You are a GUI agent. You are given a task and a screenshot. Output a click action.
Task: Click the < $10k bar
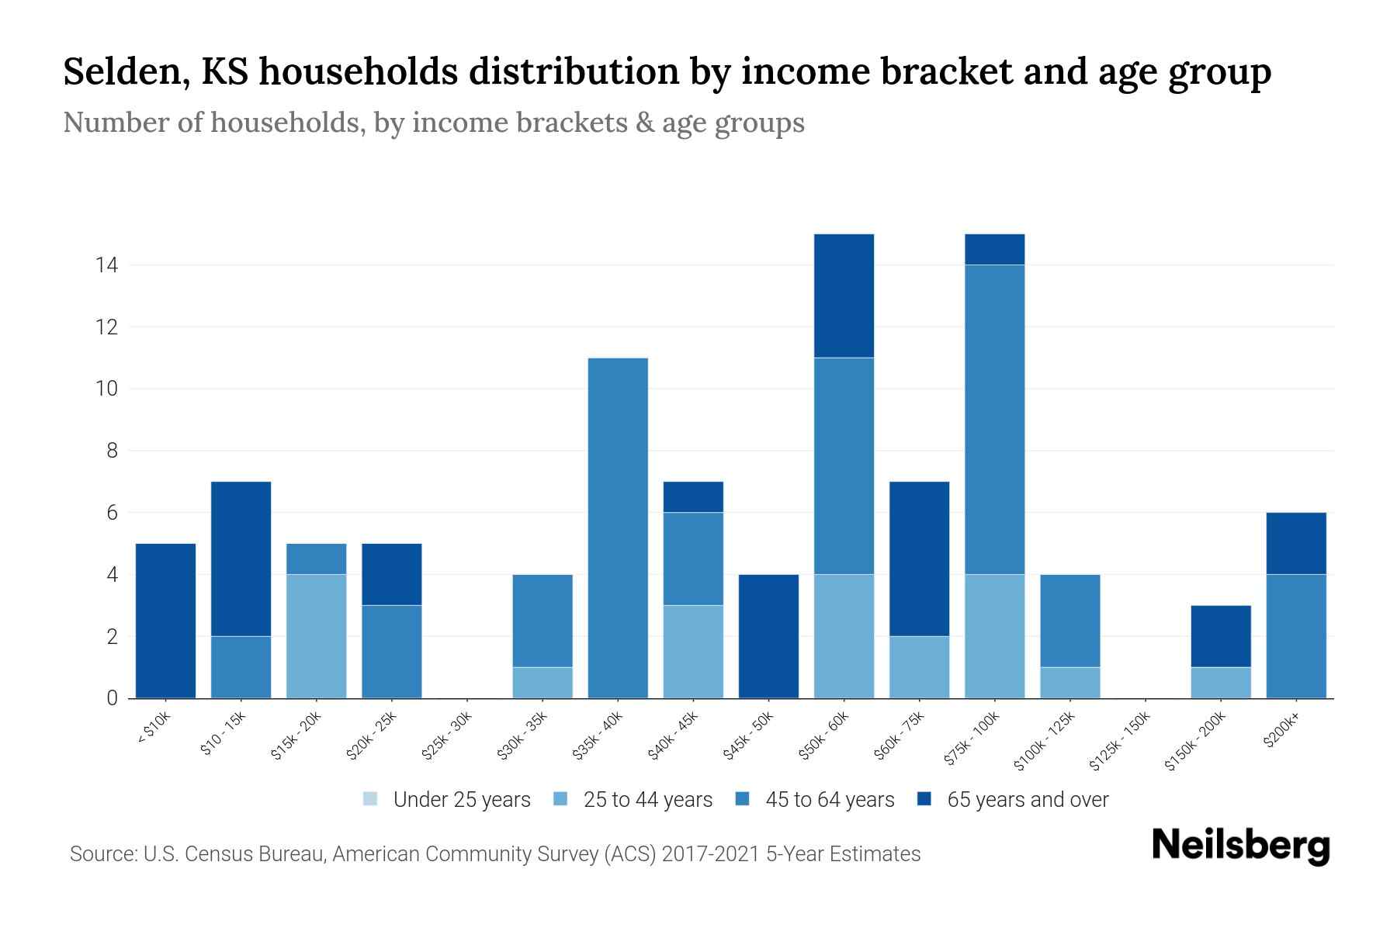click(165, 621)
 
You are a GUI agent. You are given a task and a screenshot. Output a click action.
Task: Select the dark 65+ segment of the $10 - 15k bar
click(241, 559)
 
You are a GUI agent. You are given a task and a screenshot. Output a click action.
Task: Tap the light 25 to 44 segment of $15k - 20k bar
click(316, 636)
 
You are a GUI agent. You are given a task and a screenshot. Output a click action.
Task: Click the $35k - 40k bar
click(618, 528)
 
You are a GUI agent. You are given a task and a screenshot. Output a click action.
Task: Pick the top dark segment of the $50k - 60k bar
click(844, 296)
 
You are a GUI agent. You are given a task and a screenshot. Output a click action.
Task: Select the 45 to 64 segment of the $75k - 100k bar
click(994, 419)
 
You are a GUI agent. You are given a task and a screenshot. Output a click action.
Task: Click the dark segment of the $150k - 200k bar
click(1220, 636)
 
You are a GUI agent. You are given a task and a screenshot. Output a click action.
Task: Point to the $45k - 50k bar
click(768, 636)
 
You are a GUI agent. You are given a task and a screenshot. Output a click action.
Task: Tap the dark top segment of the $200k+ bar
click(1295, 543)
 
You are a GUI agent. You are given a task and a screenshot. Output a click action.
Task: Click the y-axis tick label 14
click(106, 265)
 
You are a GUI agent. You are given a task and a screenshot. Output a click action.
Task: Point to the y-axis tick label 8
click(112, 451)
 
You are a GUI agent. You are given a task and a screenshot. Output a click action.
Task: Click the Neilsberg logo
click(1240, 845)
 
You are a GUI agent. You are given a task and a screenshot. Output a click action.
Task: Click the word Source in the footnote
click(102, 854)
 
